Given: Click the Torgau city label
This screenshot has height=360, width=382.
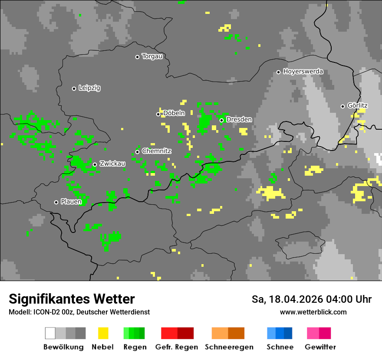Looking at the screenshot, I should click(x=152, y=56).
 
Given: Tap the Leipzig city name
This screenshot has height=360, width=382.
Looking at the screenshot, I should click(x=89, y=88).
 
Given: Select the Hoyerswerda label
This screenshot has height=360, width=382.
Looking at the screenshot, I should click(x=303, y=72).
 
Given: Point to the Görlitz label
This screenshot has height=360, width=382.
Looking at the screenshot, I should click(x=357, y=106).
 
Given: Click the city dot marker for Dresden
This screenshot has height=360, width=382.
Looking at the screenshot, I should click(x=221, y=120).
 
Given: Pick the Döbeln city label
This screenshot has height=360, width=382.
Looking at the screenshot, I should click(x=174, y=113).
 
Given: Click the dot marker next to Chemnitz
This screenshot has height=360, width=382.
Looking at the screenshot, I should click(x=137, y=152).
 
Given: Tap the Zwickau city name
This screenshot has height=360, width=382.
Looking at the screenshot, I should click(x=112, y=164).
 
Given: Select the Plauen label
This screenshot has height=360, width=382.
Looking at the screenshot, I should click(x=71, y=202).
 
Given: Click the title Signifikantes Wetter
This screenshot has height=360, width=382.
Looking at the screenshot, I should click(x=72, y=299).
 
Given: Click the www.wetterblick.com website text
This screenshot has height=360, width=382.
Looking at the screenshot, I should click(x=313, y=312).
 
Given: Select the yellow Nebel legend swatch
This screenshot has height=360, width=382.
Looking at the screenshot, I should click(x=103, y=333).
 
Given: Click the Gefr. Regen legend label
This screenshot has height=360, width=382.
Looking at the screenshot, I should click(x=177, y=347).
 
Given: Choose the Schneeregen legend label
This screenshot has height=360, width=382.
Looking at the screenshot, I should click(x=229, y=347).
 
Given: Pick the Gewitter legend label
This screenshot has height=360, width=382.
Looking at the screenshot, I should click(x=320, y=347).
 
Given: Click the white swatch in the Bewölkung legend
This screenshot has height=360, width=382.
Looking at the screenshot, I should click(x=50, y=333).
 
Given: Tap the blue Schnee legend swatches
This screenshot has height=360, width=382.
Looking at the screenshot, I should click(x=280, y=333).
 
